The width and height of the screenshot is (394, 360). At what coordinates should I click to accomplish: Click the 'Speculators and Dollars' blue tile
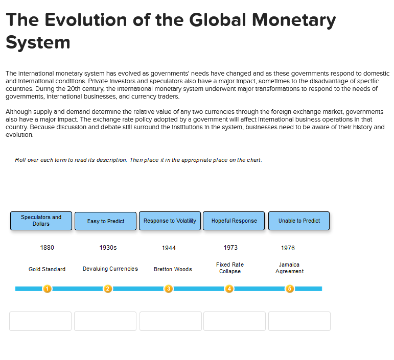(x=41, y=221)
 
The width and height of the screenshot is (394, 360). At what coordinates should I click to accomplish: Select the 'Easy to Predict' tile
(x=106, y=221)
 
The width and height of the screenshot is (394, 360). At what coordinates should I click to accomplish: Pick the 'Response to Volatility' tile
(x=170, y=221)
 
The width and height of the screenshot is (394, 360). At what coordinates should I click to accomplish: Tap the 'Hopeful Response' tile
(x=234, y=221)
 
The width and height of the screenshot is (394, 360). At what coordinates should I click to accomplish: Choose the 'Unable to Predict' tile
(x=299, y=221)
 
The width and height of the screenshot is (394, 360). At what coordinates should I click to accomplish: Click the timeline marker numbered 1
(x=47, y=289)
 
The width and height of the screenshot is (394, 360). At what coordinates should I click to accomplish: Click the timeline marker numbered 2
(x=108, y=289)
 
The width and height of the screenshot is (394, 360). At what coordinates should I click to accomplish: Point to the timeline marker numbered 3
(x=169, y=289)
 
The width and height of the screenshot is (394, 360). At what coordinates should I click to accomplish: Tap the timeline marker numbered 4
(x=229, y=289)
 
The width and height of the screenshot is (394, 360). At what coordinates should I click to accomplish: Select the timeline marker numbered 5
(x=290, y=289)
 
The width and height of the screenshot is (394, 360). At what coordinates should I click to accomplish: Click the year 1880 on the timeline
(x=47, y=248)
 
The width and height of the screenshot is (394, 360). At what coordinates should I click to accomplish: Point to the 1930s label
(x=108, y=248)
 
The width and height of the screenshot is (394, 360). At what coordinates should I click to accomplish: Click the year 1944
(x=169, y=248)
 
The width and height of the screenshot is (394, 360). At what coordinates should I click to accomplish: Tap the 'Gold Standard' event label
(x=47, y=269)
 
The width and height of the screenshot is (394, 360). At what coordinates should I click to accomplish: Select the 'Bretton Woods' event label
(x=173, y=269)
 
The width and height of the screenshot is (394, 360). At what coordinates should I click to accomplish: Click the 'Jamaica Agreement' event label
(x=289, y=268)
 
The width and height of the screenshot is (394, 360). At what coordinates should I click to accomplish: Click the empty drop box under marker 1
(x=40, y=321)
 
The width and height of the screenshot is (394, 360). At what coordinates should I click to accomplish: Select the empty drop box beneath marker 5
(x=299, y=321)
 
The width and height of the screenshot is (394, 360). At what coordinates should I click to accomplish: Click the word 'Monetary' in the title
(x=294, y=20)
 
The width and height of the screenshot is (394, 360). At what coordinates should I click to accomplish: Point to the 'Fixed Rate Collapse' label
(x=230, y=268)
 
